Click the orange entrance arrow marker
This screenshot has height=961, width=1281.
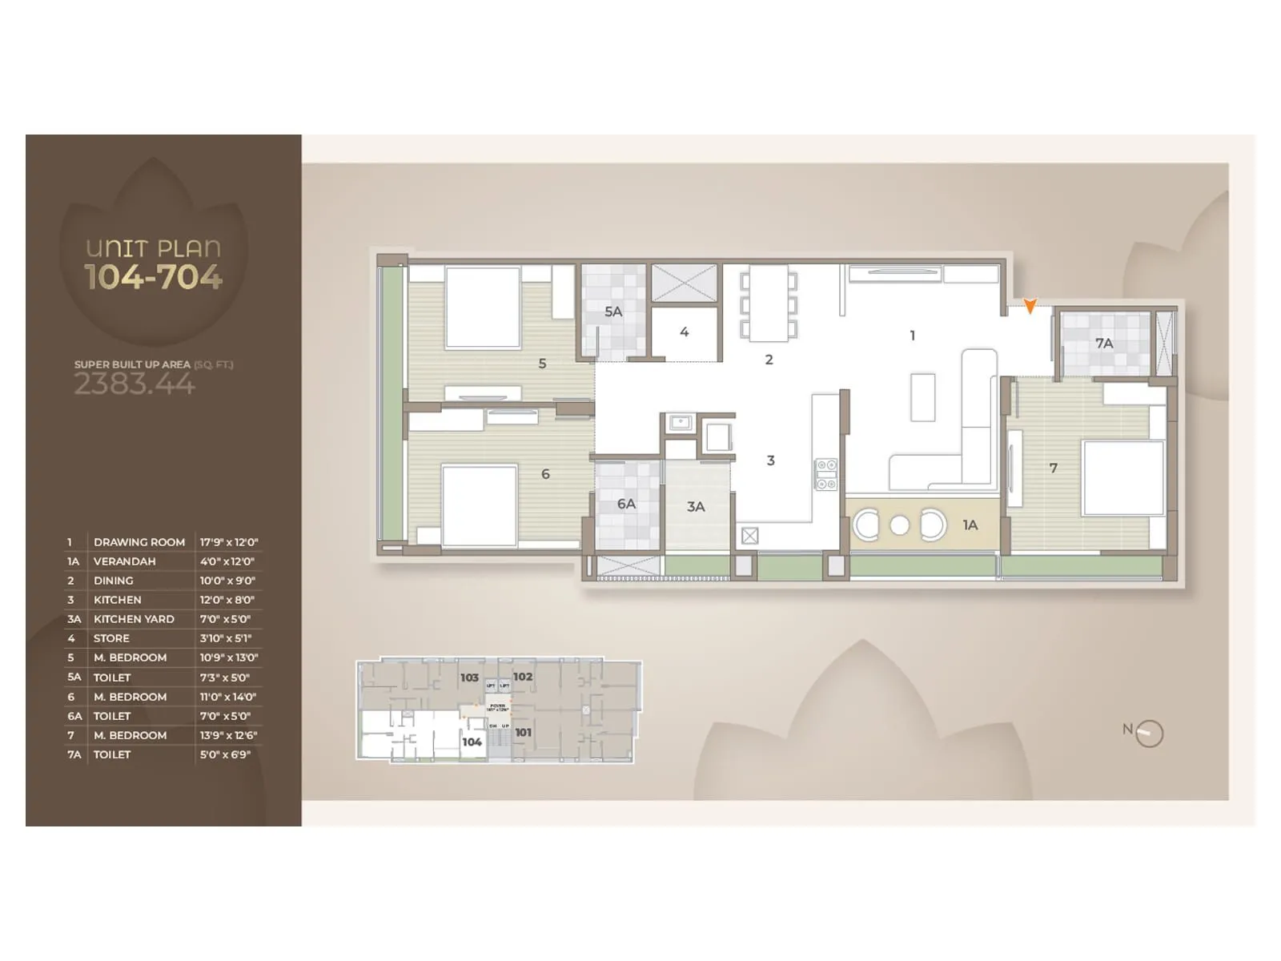pyautogui.click(x=1030, y=305)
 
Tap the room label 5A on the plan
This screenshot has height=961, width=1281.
pyautogui.click(x=613, y=312)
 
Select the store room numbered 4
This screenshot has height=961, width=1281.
pyautogui.click(x=684, y=332)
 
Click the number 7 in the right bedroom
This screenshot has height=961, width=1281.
pyautogui.click(x=1053, y=468)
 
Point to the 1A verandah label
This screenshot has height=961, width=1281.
pyautogui.click(x=970, y=525)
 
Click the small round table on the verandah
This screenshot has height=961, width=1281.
pyautogui.click(x=900, y=525)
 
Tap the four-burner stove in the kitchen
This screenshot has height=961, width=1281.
pyautogui.click(x=825, y=474)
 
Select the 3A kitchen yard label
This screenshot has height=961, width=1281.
pyautogui.click(x=696, y=506)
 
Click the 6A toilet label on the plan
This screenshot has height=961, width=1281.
pyautogui.click(x=626, y=504)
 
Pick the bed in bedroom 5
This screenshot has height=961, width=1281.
pyautogui.click(x=483, y=308)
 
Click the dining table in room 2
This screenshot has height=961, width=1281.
pyautogui.click(x=769, y=303)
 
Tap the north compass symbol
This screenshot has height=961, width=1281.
pyautogui.click(x=1148, y=733)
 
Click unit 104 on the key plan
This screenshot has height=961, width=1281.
pyautogui.click(x=472, y=742)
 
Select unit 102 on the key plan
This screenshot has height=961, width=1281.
pyautogui.click(x=523, y=677)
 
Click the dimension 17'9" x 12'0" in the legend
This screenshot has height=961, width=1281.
pyautogui.click(x=229, y=542)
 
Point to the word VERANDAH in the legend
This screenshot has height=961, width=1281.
pyautogui.click(x=125, y=561)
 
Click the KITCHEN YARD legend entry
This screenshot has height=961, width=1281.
pyautogui.click(x=134, y=619)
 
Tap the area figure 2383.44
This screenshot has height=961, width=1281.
pyautogui.click(x=135, y=384)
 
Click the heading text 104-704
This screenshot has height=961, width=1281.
pyautogui.click(x=154, y=277)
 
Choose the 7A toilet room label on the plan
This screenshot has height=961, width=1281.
pyautogui.click(x=1104, y=343)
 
